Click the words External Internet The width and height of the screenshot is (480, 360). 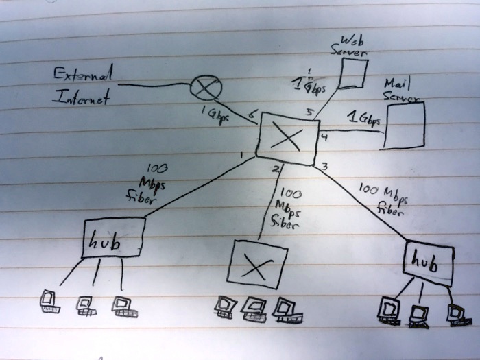[x=83, y=86]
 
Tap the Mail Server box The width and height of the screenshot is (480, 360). [x=404, y=125]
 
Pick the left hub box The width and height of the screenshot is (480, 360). [x=113, y=237]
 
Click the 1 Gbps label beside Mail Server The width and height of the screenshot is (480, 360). [x=363, y=119]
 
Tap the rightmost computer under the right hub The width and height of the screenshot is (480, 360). [x=455, y=315]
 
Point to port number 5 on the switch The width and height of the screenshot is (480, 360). [x=309, y=112]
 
